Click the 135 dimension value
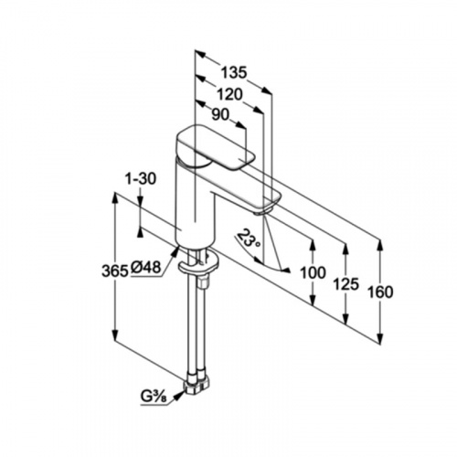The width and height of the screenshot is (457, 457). pyautogui.click(x=233, y=73)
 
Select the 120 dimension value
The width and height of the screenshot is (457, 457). pyautogui.click(x=230, y=94)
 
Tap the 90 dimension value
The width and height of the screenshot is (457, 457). pyautogui.click(x=220, y=115)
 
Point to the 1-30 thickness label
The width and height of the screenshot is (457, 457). pyautogui.click(x=141, y=179)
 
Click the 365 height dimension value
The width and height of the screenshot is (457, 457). pyautogui.click(x=114, y=271)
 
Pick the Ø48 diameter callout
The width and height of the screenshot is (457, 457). pyautogui.click(x=145, y=268)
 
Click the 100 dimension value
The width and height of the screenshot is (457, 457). pyautogui.click(x=314, y=272)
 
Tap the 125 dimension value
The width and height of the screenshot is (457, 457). pyautogui.click(x=346, y=285)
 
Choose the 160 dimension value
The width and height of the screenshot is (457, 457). pyautogui.click(x=380, y=292)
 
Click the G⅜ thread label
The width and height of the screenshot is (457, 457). pyautogui.click(x=154, y=397)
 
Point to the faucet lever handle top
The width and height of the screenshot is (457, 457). pyautogui.click(x=215, y=146)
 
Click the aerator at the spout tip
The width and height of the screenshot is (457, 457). pyautogui.click(x=260, y=212)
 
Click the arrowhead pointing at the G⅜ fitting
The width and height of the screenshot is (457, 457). pyautogui.click(x=179, y=396)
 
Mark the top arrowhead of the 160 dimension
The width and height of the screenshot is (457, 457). pyautogui.click(x=380, y=247)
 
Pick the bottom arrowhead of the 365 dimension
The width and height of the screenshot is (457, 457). pyautogui.click(x=115, y=335)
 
